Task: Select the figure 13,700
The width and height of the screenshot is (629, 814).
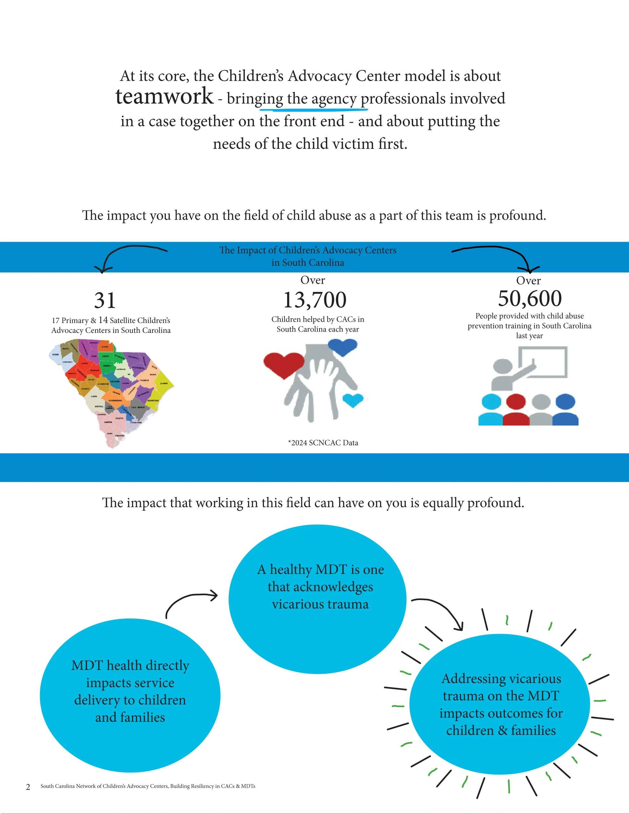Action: pos(315,300)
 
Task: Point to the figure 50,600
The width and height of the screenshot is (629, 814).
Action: pos(530,299)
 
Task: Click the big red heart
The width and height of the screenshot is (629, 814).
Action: pos(284,364)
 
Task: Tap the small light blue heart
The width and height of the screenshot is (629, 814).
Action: pos(353,400)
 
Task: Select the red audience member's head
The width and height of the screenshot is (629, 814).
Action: pos(516,402)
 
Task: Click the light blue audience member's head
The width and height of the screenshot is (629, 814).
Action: pos(491,402)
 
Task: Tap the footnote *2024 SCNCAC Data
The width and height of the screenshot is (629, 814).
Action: pos(323,443)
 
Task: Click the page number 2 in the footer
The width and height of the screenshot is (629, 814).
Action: pos(28,787)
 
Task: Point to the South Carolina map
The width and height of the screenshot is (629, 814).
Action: pos(112,391)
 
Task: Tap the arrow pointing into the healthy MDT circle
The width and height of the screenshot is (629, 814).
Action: pos(190,601)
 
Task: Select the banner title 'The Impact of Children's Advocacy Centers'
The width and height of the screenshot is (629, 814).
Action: pos(308,250)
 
